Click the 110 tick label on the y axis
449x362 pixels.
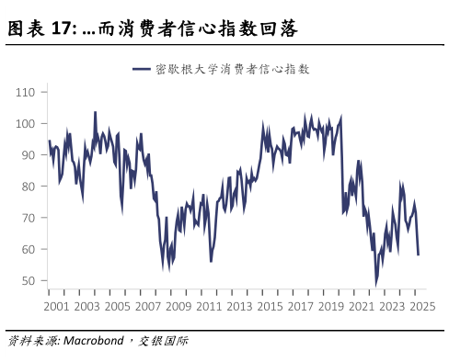coord(25,93)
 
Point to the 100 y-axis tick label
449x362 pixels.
coord(25,124)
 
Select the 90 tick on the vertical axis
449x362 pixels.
coord(28,155)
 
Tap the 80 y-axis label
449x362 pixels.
coord(28,187)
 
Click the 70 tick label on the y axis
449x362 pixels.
coord(28,218)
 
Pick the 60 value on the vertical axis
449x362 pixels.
coord(28,249)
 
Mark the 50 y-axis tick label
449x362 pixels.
coord(28,280)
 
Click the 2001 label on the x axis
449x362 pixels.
coord(56,306)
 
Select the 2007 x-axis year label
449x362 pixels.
coord(147,306)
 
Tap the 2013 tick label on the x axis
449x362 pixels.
coord(239,306)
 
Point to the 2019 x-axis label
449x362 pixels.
coord(330,306)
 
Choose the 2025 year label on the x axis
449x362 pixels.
coord(421,306)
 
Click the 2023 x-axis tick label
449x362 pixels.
coord(391,306)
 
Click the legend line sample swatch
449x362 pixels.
coord(141,69)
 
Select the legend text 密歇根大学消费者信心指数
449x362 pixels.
coord(232,69)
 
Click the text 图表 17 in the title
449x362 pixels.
coord(40,29)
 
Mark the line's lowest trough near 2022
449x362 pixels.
coord(375,286)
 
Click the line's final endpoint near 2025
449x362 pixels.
coord(419,255)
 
